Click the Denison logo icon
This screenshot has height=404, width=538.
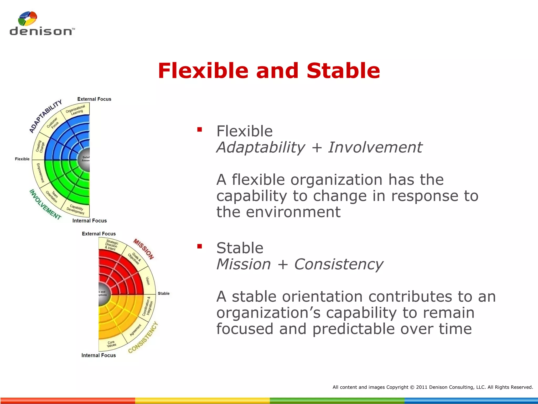coord(27,18)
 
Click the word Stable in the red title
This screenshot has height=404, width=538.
coord(343,71)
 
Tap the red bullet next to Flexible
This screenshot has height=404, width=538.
coord(200,129)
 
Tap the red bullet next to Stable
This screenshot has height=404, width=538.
coord(200,246)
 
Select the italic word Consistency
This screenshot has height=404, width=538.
coord(338,264)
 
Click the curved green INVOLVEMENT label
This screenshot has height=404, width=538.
coord(45,205)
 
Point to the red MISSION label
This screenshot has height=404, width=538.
coord(143,249)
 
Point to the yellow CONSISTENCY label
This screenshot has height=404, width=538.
coord(143,337)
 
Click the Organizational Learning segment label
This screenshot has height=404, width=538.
coord(76,109)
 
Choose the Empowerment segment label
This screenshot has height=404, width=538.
coord(40,173)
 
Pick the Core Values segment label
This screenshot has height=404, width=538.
coord(111,344)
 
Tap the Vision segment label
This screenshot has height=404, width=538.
coord(148,281)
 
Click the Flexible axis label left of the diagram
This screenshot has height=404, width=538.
coord(22,159)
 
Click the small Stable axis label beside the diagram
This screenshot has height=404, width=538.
coord(163,293)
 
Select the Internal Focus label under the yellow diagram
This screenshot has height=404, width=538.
coord(99,355)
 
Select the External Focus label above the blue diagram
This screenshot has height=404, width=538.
coord(94,99)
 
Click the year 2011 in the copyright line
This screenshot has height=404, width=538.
coord(422,387)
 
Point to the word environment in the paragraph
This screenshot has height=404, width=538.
coord(293,212)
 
